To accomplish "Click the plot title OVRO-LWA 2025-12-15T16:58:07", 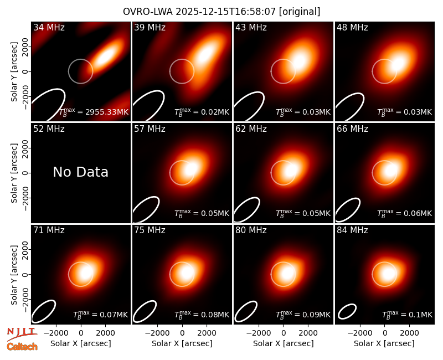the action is tap(199, 12).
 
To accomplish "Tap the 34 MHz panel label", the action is tap(49, 27).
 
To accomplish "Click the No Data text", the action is tap(80, 172).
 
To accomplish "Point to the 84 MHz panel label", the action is tap(352, 230).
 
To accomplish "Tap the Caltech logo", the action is tap(22, 347).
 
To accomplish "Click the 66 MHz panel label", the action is tap(352, 129).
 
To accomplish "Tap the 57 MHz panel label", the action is tap(150, 129).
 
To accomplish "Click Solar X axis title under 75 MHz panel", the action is tap(182, 343).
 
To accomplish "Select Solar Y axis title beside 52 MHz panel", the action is tap(14, 173).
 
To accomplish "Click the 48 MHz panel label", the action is tap(352, 27).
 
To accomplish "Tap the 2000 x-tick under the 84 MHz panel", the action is tap(409, 333).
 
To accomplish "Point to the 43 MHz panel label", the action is tap(251, 27).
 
